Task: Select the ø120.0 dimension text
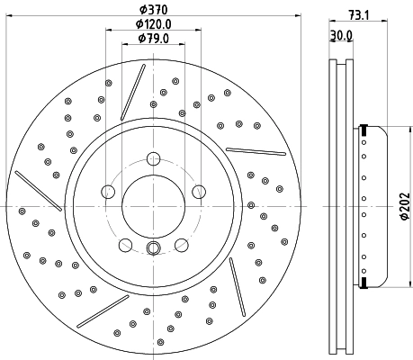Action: (x=154, y=23)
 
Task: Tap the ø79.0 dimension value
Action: (x=154, y=38)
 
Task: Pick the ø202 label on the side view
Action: (x=405, y=206)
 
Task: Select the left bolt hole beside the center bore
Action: (x=108, y=192)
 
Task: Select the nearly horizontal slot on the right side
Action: (x=256, y=149)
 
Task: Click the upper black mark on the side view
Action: (x=364, y=126)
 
